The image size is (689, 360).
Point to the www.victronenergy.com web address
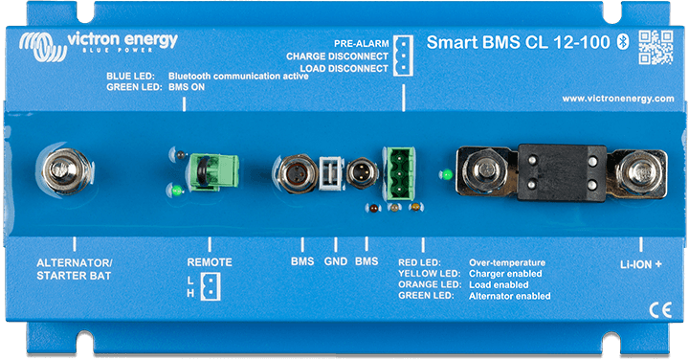click(617, 99)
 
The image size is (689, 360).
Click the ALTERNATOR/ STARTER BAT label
click(74, 269)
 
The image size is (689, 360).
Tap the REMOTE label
click(210, 262)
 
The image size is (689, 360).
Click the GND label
click(335, 261)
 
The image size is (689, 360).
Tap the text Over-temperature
click(506, 262)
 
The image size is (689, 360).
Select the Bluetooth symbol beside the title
click(620, 41)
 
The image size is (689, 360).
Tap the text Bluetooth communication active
click(237, 75)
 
